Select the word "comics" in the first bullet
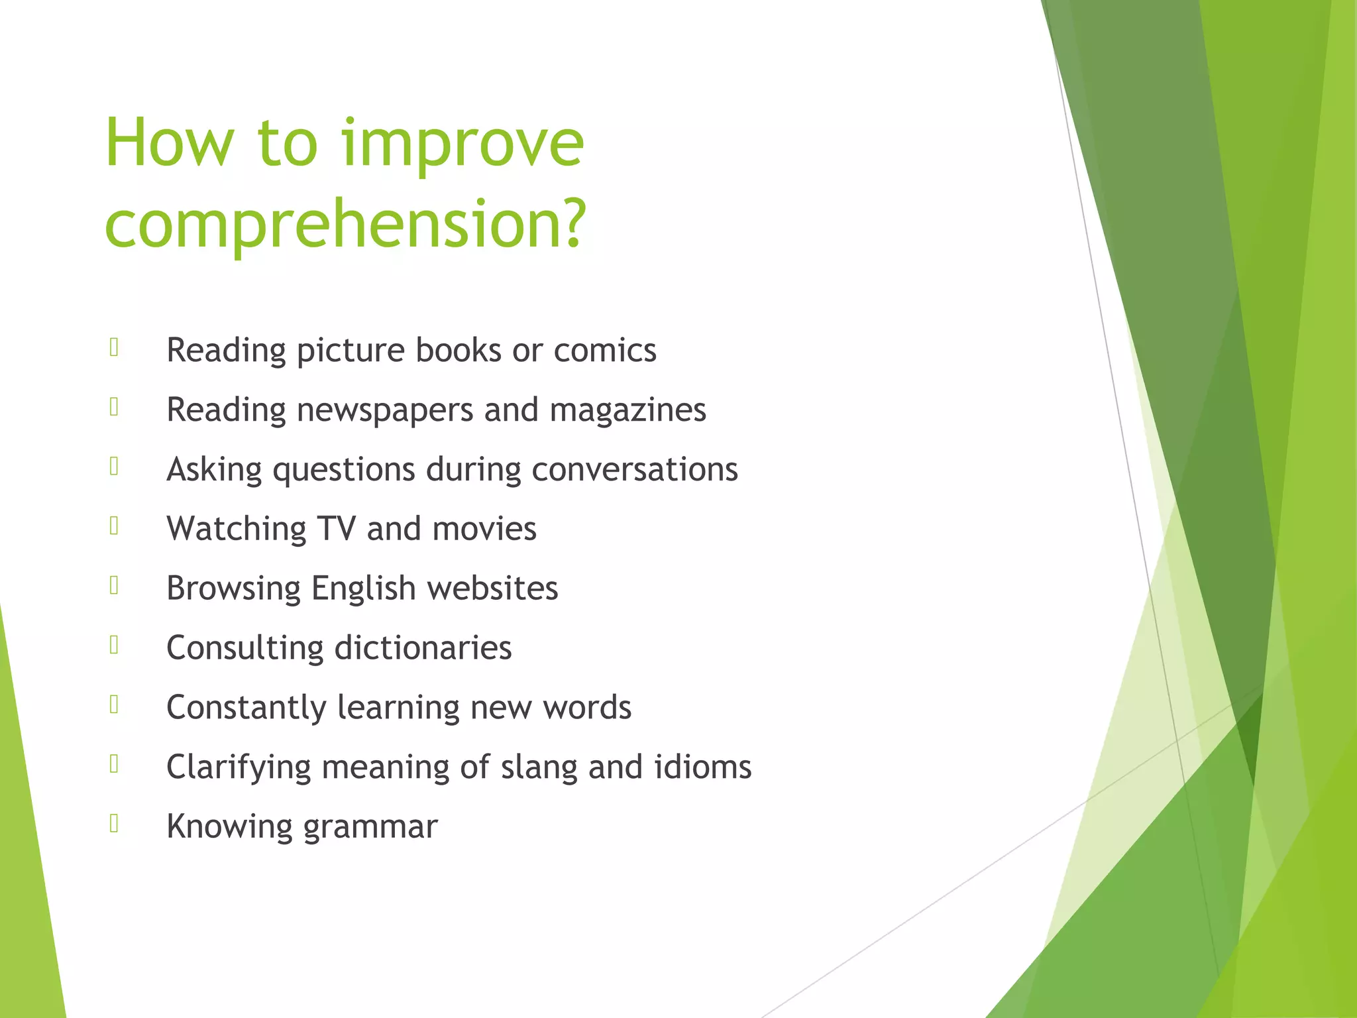tap(605, 350)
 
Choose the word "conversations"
tap(635, 469)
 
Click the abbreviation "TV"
tap(337, 529)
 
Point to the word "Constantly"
tap(246, 708)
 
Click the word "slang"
tap(539, 768)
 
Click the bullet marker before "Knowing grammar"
tap(115, 823)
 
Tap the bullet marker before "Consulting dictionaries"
tap(115, 644)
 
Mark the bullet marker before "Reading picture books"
tap(115, 347)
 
